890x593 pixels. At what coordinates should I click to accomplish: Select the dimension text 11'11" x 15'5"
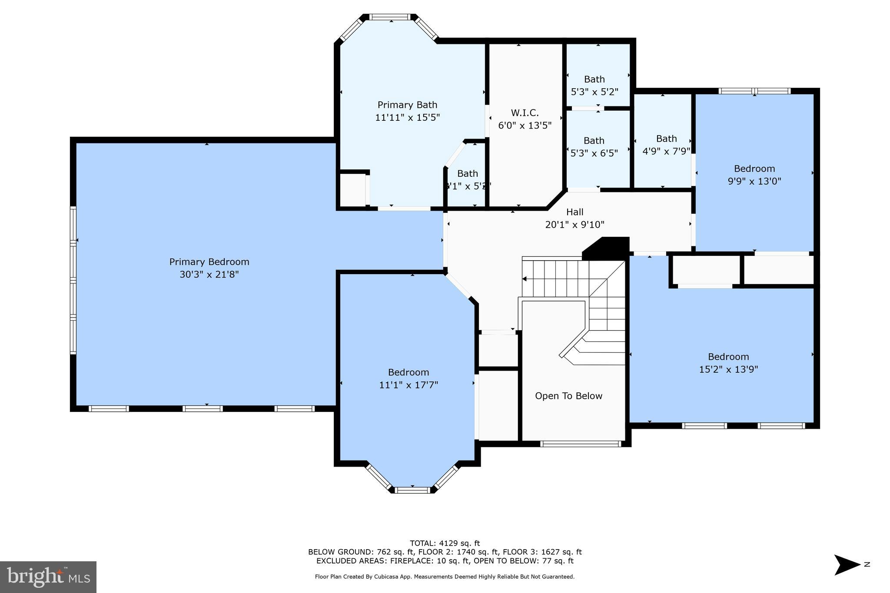pyautogui.click(x=407, y=117)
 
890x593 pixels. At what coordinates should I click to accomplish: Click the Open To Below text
pyautogui.click(x=568, y=396)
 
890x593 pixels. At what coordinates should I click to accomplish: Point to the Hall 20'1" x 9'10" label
pyautogui.click(x=575, y=218)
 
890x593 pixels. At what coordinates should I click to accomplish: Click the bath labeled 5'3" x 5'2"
pyautogui.click(x=594, y=85)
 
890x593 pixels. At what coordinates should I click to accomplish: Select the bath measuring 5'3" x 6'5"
pyautogui.click(x=594, y=146)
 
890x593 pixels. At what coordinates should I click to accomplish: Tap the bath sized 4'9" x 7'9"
pyautogui.click(x=666, y=145)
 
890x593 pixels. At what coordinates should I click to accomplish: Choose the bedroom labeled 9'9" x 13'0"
pyautogui.click(x=754, y=175)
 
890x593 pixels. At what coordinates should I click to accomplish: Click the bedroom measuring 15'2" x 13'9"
pyautogui.click(x=728, y=363)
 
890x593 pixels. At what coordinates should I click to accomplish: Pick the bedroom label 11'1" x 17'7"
pyautogui.click(x=408, y=378)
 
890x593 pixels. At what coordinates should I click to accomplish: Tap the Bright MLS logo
pyautogui.click(x=48, y=577)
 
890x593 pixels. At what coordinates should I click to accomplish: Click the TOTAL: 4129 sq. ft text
pyautogui.click(x=445, y=543)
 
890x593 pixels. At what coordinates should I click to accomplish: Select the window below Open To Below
pyautogui.click(x=581, y=444)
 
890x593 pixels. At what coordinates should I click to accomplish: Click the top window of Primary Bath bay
pyautogui.click(x=390, y=17)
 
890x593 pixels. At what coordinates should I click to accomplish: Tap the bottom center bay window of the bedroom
pyautogui.click(x=412, y=490)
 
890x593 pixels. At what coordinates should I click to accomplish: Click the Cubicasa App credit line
pyautogui.click(x=445, y=576)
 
